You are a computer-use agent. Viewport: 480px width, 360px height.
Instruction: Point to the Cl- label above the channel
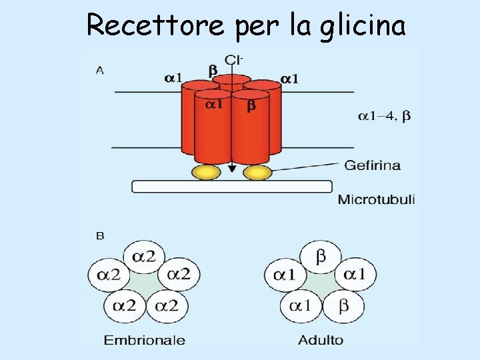(233, 61)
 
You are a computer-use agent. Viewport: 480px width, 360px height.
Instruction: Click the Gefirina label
(372, 165)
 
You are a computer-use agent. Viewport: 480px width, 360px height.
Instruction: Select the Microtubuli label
(376, 199)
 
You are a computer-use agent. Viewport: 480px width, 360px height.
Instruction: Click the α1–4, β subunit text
(384, 117)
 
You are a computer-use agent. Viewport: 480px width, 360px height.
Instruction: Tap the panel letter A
(100, 69)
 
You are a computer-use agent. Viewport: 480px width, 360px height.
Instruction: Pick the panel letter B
(100, 235)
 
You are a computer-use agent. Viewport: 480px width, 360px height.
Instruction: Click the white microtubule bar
(231, 187)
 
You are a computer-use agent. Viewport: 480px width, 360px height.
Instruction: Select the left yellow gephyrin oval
(206, 173)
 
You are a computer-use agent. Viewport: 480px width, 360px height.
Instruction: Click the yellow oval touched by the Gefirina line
(257, 173)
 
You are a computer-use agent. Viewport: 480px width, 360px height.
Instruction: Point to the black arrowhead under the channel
(231, 169)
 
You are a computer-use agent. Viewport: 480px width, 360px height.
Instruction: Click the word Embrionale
(144, 340)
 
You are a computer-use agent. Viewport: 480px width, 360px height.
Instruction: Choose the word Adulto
(321, 340)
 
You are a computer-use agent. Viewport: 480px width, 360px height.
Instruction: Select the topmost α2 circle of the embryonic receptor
(144, 257)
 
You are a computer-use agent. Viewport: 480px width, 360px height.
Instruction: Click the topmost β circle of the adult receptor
(321, 257)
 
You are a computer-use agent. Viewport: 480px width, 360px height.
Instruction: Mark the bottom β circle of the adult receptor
(343, 307)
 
